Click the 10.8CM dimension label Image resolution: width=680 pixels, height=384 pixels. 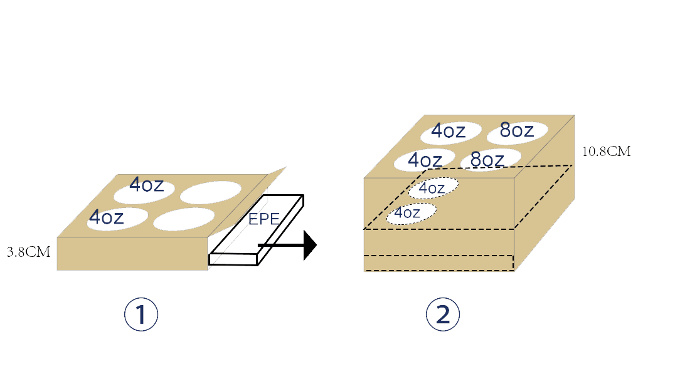607,151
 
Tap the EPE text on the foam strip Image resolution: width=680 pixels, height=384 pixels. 263,220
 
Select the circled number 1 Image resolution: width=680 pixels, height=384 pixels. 141,315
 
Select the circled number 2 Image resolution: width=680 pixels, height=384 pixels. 443,315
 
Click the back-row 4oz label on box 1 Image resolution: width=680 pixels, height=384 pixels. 147,185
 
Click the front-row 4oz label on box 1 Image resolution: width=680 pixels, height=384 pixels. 107,217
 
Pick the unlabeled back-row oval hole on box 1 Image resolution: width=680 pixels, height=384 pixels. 211,192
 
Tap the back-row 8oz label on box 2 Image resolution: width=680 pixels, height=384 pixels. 517,130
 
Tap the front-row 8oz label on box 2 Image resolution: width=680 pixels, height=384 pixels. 487,160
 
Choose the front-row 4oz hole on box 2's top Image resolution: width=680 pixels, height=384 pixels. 424,160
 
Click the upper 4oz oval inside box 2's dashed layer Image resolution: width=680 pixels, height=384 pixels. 432,187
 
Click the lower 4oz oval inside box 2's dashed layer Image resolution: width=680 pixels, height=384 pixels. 411,213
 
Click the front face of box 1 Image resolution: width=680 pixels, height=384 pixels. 132,254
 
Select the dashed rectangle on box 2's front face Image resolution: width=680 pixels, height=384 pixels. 438,263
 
